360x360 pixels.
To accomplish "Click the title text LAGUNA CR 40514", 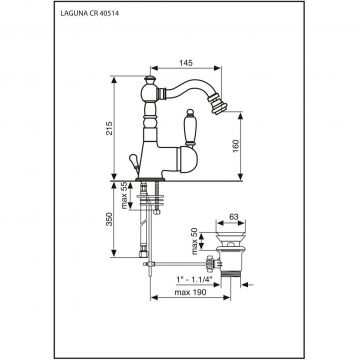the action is coord(90,14).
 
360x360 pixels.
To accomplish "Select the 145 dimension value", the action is coord(186,63).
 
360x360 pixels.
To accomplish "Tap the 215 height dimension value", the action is coord(109,128).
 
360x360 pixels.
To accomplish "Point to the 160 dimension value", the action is coord(235,146).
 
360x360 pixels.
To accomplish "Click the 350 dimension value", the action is coord(109,219).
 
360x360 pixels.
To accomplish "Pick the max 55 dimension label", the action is coord(124,195).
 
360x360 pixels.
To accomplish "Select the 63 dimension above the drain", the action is coord(234,217).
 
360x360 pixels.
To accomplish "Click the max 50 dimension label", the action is coord(195,241).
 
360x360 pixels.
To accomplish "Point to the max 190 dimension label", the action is coord(191,292).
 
